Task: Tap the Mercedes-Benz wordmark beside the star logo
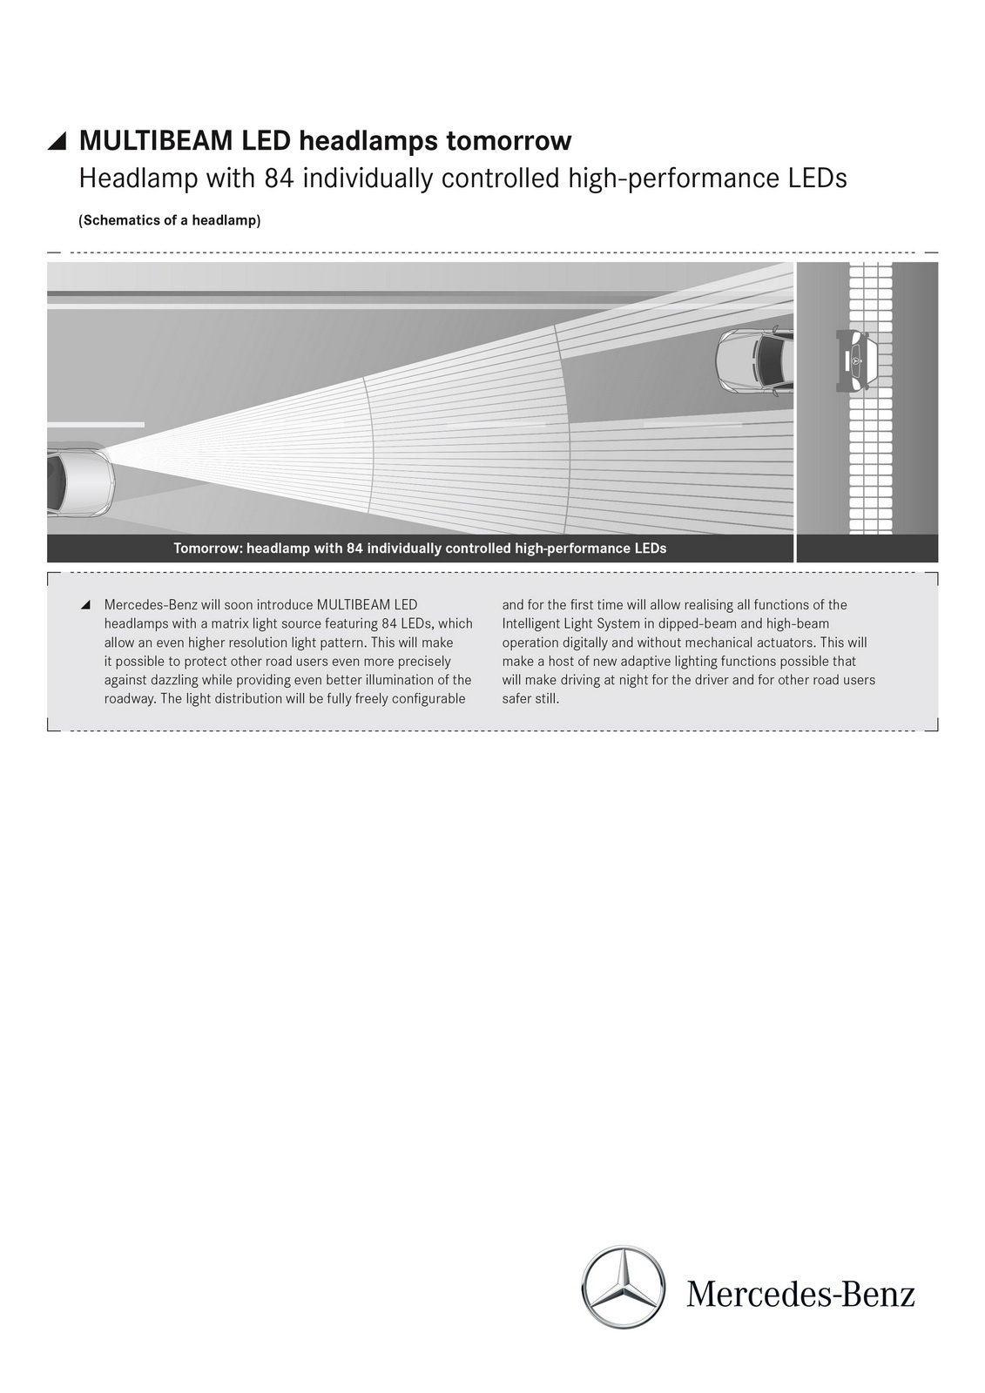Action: pyautogui.click(x=800, y=1294)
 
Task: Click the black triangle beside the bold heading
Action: pyautogui.click(x=57, y=141)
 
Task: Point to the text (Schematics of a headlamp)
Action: pyautogui.click(x=170, y=220)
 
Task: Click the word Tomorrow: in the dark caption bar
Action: pyautogui.click(x=207, y=548)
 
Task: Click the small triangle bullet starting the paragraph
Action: pyautogui.click(x=84, y=605)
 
